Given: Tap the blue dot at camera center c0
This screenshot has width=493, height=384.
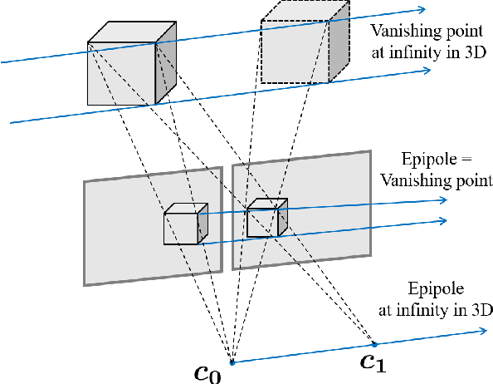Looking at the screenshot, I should (232, 362).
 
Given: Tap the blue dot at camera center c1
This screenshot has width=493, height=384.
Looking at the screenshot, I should (373, 344).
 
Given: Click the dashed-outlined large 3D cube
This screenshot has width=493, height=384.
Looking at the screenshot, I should (304, 47).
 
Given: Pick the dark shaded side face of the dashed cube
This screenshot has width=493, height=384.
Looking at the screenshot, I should (339, 47).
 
